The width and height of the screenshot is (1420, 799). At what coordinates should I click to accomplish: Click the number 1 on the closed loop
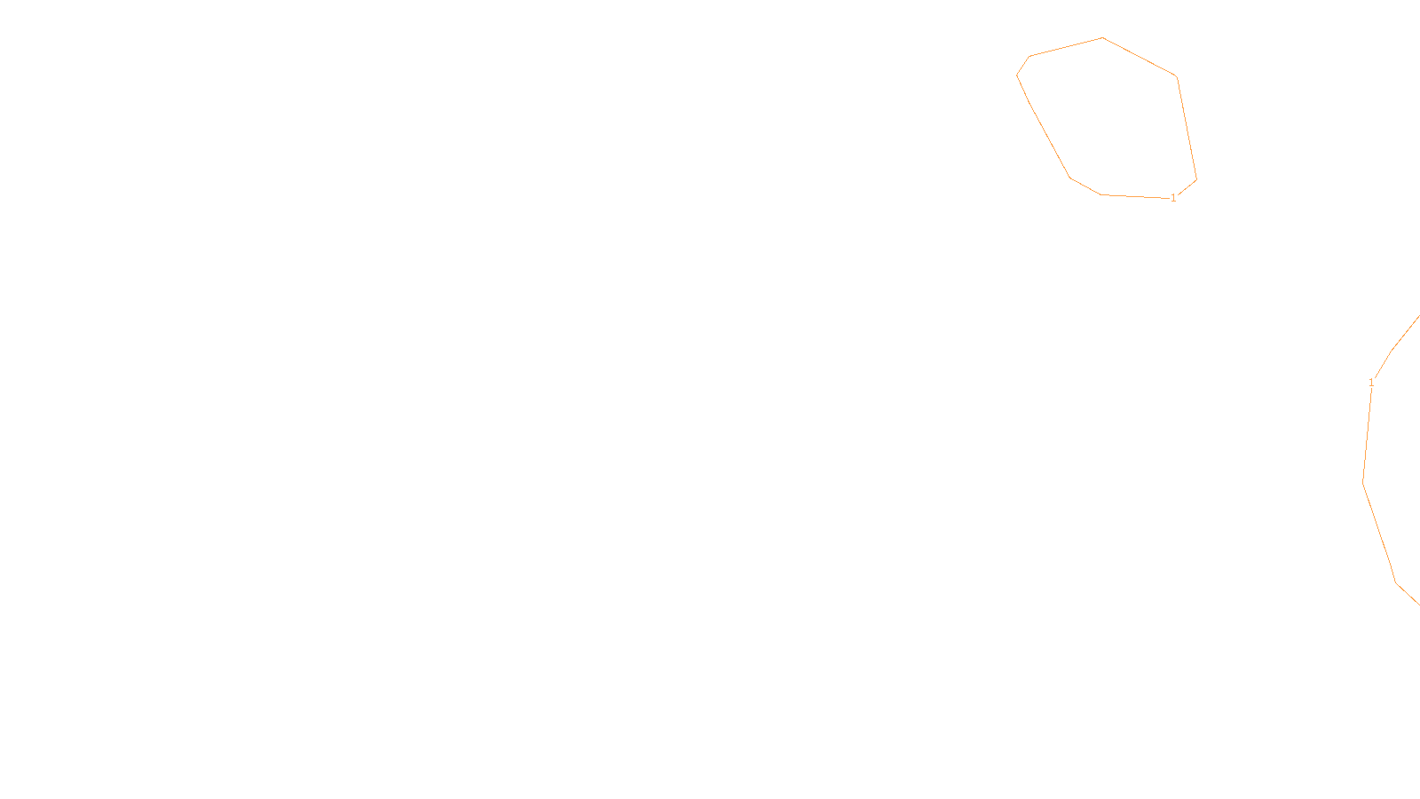pos(1173,198)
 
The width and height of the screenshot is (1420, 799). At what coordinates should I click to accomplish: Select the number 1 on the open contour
pos(1371,383)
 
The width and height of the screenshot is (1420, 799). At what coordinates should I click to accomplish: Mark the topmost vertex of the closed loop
pos(1102,37)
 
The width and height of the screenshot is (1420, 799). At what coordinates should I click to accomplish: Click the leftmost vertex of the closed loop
pos(1017,75)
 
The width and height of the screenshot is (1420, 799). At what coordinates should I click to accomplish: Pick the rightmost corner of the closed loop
pos(1197,179)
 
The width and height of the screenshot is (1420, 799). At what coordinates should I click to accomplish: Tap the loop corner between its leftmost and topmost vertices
pos(1029,56)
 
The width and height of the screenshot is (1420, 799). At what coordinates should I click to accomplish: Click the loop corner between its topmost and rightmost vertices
pos(1177,76)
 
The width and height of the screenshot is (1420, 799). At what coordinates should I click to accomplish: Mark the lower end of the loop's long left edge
pos(1070,178)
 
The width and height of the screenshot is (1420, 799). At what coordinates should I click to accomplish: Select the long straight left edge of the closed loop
pos(1044,126)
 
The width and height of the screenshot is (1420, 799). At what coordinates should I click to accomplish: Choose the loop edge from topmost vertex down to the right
pos(1140,57)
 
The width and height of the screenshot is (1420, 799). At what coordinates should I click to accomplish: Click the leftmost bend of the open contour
pos(1363,483)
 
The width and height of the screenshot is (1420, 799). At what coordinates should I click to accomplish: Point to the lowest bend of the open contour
pos(1396,582)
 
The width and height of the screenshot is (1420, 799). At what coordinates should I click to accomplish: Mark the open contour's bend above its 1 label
pos(1391,351)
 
